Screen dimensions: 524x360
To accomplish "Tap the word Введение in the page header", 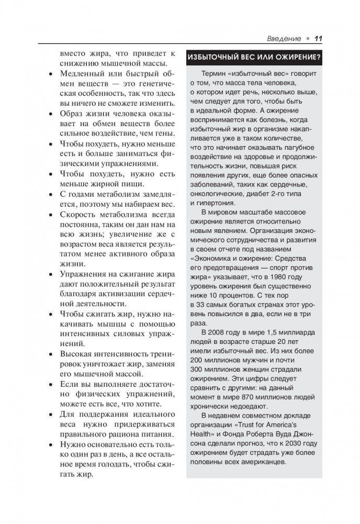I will click(x=283, y=38).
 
